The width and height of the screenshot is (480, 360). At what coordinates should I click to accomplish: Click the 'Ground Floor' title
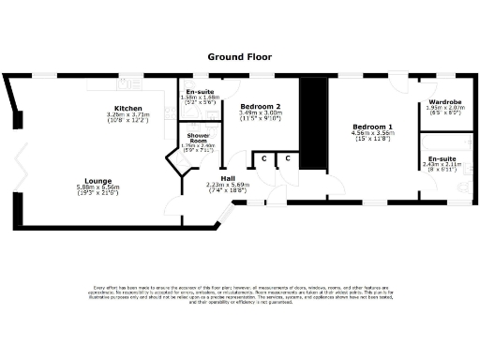[239, 57]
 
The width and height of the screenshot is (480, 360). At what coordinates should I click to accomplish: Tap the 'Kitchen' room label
[128, 108]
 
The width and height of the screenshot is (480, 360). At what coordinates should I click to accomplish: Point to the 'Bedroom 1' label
[372, 127]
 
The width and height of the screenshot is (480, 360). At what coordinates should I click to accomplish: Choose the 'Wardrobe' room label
[443, 101]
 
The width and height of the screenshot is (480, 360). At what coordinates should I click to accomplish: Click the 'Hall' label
[227, 177]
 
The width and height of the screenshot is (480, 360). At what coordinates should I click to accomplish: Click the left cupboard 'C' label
[265, 158]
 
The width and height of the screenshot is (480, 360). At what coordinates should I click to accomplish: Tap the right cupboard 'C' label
[288, 158]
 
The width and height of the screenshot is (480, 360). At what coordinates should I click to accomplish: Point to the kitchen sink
[103, 84]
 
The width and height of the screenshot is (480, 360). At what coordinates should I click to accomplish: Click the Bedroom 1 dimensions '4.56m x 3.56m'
[372, 133]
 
